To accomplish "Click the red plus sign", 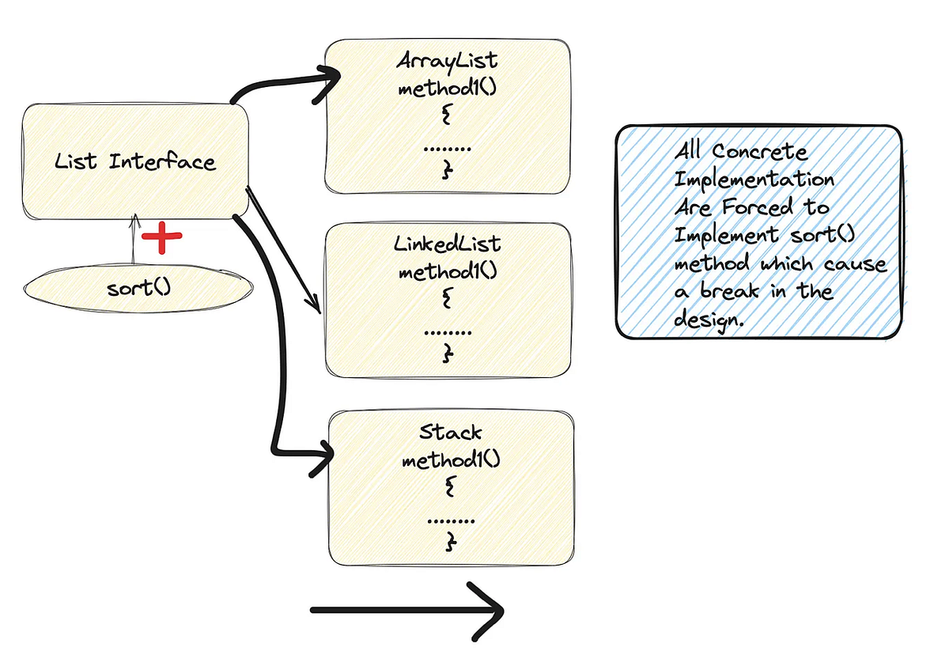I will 161,237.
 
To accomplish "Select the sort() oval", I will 138,287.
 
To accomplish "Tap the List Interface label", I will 135,162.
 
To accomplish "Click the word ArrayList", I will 447,61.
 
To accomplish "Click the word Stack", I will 450,433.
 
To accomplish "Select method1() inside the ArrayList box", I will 447,88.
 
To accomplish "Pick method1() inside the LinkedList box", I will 448,271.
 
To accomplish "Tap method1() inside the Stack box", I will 451,460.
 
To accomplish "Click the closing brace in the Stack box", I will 451,542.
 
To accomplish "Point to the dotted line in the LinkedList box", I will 448,331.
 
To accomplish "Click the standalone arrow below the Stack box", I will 407,610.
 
